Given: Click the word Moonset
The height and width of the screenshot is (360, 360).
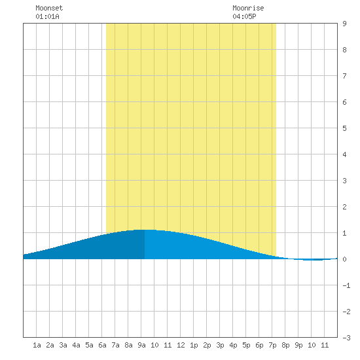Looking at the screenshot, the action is (x=49, y=8).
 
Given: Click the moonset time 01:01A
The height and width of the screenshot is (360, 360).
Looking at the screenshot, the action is (x=47, y=16).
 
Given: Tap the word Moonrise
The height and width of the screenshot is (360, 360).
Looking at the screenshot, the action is (x=248, y=8).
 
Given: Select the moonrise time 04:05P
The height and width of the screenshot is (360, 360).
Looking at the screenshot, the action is (x=244, y=16).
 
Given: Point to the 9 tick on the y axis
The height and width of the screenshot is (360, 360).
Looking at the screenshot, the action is (x=344, y=24).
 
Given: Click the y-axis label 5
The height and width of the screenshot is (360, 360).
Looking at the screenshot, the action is (x=344, y=128).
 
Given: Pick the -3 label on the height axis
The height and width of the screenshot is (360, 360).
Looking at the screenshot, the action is (x=346, y=338).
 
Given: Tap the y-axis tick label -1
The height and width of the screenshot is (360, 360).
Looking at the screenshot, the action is (x=346, y=285).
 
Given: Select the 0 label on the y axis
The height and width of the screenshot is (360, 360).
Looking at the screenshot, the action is (x=344, y=259).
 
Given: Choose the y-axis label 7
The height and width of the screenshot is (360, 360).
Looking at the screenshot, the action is (x=344, y=76).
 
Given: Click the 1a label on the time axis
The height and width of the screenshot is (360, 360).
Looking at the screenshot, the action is (x=37, y=345).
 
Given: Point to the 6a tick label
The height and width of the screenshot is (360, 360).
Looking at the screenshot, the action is (x=102, y=345).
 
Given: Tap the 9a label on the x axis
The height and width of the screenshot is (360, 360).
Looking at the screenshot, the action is (x=141, y=345).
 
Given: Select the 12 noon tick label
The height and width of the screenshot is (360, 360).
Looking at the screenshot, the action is (x=181, y=345).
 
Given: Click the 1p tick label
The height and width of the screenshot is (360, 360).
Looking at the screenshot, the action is (x=194, y=345).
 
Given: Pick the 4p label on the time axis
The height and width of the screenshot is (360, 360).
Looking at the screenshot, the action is (x=233, y=345).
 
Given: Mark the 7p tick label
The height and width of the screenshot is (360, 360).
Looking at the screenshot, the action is (x=272, y=345).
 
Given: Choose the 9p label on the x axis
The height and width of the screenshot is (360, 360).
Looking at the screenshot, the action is (x=298, y=345).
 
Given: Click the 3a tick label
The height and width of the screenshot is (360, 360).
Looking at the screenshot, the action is (x=63, y=345).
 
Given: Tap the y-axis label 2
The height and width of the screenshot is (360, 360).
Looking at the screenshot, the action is (x=344, y=207).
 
